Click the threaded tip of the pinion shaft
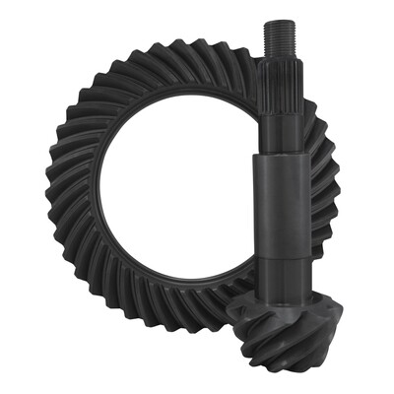(x=278, y=39)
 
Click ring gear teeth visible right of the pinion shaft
(x=325, y=197)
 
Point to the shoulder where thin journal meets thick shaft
(x=280, y=158)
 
